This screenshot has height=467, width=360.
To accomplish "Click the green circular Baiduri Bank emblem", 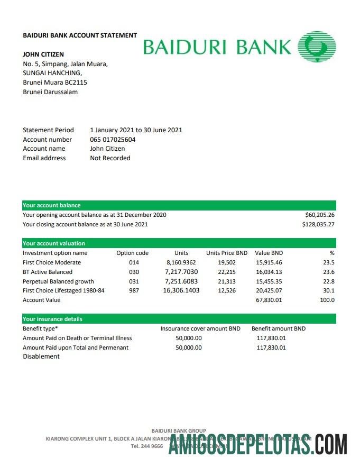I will (317, 47).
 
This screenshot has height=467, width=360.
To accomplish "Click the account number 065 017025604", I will (113, 140).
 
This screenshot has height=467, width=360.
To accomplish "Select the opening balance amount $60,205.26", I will (320, 215).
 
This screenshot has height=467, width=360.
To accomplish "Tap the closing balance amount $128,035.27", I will (318, 224).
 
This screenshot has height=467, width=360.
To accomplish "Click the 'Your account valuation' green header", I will (54, 243).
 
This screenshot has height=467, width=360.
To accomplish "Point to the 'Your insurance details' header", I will (52, 319).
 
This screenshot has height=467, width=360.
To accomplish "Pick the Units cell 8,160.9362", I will (181, 262).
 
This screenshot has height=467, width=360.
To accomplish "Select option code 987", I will (134, 290).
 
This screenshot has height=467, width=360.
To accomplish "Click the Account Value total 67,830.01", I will (269, 300).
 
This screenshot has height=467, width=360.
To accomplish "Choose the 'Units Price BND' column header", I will (227, 253).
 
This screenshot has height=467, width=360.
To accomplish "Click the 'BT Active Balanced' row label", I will (48, 272).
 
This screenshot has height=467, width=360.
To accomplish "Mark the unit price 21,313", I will (227, 281).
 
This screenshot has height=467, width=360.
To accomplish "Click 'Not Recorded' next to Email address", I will (110, 158).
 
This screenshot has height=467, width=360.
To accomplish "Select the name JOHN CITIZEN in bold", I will (43, 54).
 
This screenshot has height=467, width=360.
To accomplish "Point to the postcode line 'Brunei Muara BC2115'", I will (55, 83).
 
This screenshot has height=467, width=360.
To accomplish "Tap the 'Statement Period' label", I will (48, 130).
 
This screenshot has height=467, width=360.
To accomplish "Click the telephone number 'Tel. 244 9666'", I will (146, 446).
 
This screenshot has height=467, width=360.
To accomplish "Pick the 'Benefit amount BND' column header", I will (279, 328).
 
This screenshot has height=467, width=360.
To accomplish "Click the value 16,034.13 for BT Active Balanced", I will (269, 272).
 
